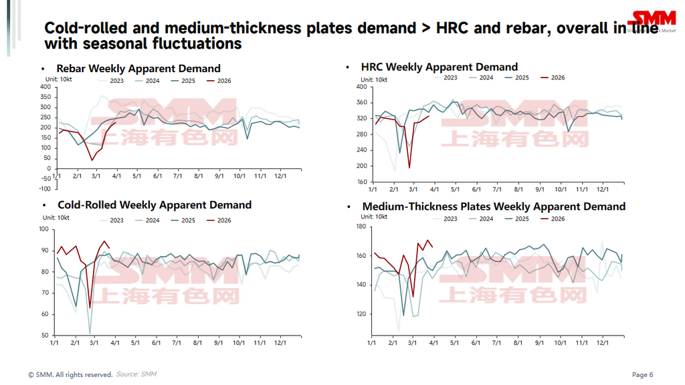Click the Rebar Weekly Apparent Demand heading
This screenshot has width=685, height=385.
pos(138,68)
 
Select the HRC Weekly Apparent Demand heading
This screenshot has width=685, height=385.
pos(439,67)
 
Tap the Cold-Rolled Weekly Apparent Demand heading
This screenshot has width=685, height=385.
pos(155,205)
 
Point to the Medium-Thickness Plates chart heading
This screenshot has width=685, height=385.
pos(494,207)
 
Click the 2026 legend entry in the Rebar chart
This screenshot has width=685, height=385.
pos(219,80)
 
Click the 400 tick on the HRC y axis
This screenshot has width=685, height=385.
pos(361,87)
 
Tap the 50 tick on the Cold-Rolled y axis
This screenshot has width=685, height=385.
pos(44,336)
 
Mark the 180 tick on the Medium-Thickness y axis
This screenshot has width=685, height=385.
pos(361,227)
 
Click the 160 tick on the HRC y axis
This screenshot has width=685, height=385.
pos(361,182)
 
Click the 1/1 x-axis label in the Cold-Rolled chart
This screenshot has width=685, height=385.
pos(54,344)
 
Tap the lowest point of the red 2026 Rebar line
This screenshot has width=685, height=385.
pos(92,160)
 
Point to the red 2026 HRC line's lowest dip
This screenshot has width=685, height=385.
pos(409,168)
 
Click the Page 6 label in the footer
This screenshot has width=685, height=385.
pos(642,374)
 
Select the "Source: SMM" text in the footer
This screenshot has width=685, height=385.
pos(136,374)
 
